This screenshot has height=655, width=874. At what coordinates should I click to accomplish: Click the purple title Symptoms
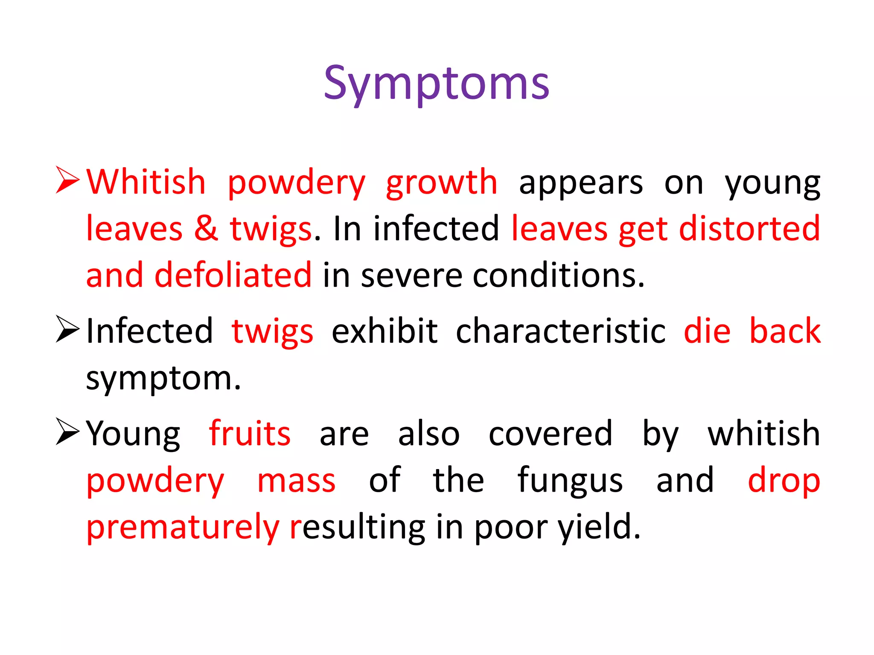pos(436,84)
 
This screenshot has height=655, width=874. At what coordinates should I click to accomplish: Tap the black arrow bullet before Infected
pos(67,329)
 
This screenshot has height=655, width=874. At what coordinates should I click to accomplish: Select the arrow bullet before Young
pos(67,432)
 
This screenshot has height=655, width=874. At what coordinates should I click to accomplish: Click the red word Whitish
pos(146,183)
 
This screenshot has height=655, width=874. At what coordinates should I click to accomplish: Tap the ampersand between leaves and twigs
pos(206,229)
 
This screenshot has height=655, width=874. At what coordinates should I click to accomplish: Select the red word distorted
pos(749,229)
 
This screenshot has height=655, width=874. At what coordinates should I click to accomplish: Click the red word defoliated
pos(233,275)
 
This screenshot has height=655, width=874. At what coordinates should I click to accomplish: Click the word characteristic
pos(560,331)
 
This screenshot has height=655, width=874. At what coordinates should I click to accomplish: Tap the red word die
pos(707,331)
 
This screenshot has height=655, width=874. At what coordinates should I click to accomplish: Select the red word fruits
pos(250,434)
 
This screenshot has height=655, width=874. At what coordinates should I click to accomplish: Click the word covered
pos(551,434)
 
